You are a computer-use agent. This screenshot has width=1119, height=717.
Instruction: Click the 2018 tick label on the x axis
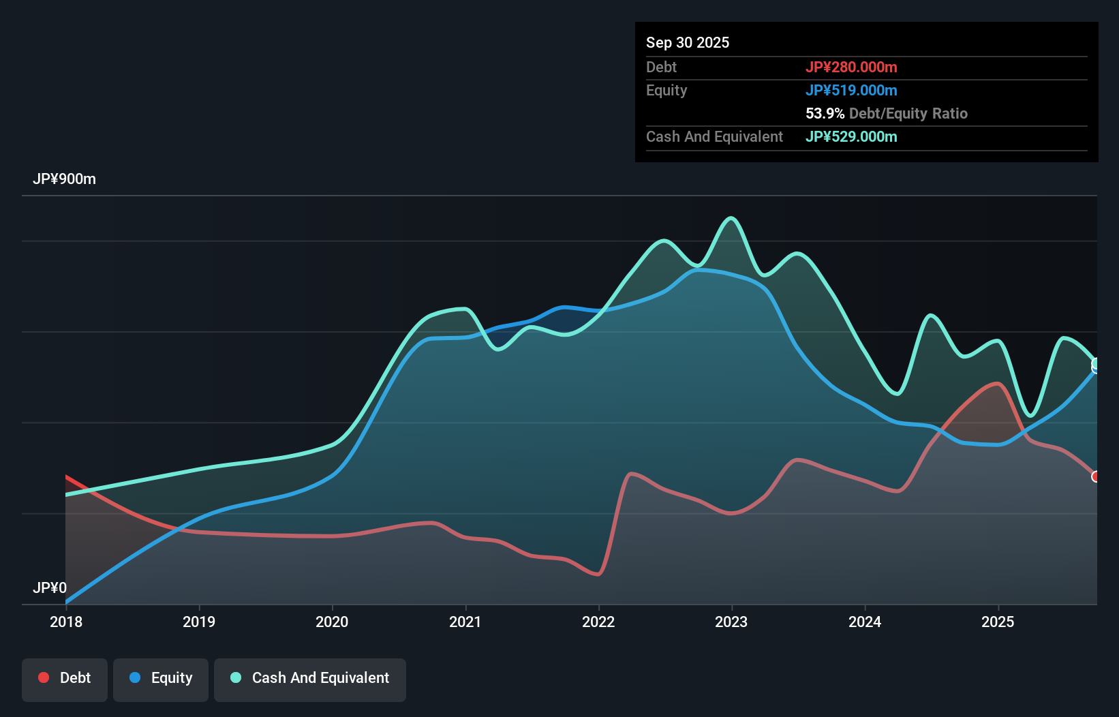[66, 622]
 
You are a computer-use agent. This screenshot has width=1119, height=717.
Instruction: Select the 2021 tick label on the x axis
[465, 622]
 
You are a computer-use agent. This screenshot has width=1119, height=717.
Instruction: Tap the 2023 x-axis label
[731, 622]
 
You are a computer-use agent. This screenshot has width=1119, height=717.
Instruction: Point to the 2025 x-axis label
[998, 622]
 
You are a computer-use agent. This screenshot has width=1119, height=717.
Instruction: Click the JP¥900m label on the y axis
[64, 179]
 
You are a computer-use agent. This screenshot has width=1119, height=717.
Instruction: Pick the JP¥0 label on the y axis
[50, 588]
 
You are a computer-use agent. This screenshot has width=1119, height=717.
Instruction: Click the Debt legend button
[65, 678]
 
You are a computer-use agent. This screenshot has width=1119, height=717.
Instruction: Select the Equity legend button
[161, 678]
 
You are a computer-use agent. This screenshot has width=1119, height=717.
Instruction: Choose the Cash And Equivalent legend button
[310, 678]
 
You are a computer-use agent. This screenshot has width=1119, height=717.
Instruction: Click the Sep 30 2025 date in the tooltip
[687, 42]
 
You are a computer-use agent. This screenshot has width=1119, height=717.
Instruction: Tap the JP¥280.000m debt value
[850, 67]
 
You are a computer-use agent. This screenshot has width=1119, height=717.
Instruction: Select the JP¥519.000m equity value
[850, 90]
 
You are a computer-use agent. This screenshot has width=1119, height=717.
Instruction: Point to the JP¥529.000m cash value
[850, 136]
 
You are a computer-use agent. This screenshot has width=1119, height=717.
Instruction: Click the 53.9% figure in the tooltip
[825, 113]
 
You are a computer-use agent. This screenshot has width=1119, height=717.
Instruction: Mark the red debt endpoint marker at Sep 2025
[1096, 476]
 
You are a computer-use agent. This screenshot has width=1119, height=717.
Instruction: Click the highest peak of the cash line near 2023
[731, 218]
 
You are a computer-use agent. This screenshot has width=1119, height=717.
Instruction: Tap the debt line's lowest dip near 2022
[598, 575]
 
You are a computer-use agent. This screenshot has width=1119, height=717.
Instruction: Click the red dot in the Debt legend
[44, 677]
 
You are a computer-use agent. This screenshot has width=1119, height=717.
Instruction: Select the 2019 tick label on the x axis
[199, 622]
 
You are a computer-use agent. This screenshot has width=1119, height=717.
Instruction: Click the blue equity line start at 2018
[67, 602]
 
